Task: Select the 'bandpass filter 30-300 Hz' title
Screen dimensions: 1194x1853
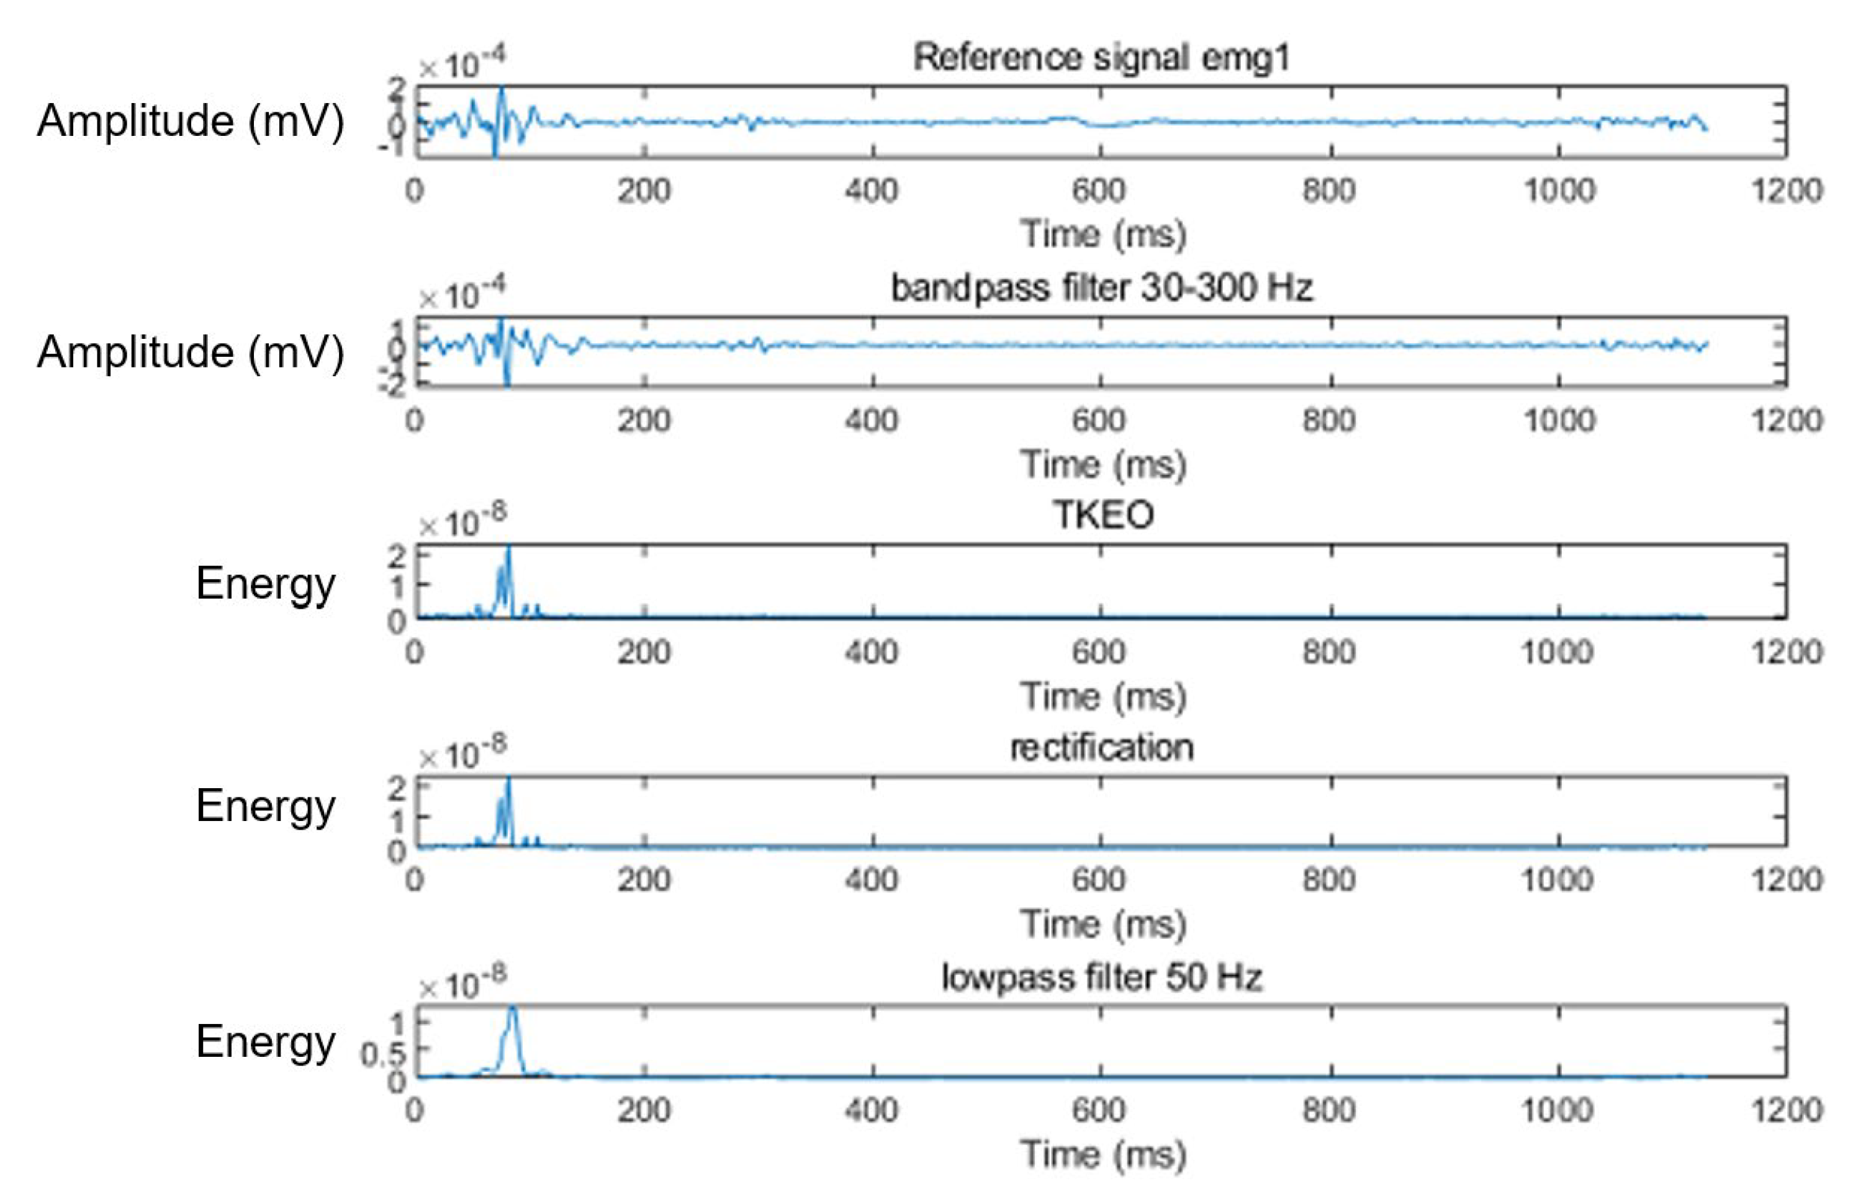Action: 1101,288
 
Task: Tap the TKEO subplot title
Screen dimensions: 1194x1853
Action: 1102,515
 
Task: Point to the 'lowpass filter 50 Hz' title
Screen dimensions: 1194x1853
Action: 1101,977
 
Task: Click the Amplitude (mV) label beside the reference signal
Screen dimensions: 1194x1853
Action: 191,121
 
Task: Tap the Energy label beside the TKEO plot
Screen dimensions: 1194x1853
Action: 265,583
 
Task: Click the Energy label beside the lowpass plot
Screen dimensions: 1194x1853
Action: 265,1041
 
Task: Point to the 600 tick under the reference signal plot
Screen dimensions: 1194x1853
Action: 1099,191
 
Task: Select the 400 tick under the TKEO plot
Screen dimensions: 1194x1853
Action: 872,652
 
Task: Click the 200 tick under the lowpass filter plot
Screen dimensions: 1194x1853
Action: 644,1110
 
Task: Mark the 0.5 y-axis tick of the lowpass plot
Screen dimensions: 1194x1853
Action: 382,1054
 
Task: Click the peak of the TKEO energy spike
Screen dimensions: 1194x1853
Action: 508,548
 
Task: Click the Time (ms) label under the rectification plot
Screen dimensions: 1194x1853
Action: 1102,924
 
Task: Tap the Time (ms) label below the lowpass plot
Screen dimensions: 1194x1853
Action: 1102,1154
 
